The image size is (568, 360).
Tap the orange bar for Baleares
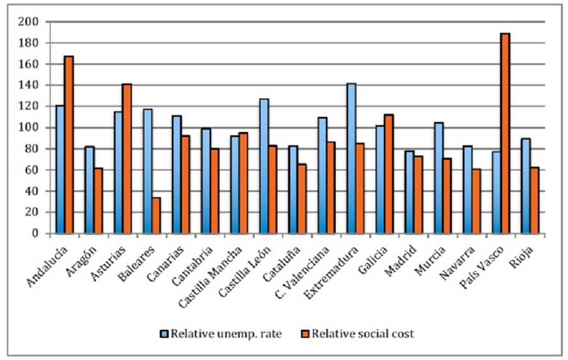click(x=156, y=215)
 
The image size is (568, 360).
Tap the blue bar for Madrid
click(x=409, y=192)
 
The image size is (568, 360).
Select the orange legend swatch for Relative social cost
click(x=305, y=333)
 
